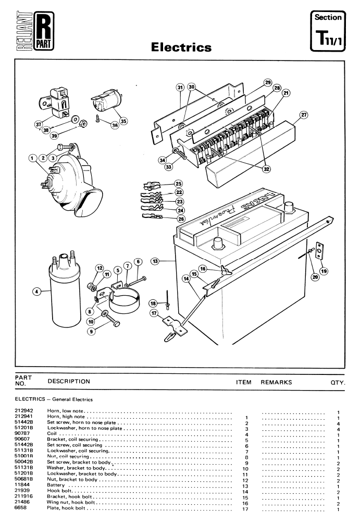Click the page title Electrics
click(181, 47)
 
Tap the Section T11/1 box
click(328, 31)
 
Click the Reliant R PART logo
click(35, 31)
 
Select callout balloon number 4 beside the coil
click(37, 292)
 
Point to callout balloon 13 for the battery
click(155, 261)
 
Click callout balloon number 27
click(304, 115)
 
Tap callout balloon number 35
click(123, 121)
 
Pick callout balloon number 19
click(324, 271)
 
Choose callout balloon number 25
click(179, 184)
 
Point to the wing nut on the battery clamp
click(226, 271)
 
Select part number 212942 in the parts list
click(24, 411)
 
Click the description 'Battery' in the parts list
click(56, 485)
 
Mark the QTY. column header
click(338, 383)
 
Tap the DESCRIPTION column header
click(69, 382)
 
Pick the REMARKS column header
click(276, 383)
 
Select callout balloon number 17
click(154, 313)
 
